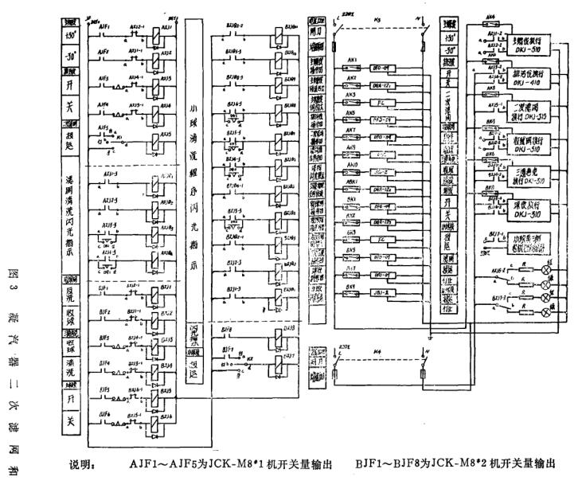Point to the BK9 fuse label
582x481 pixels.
tap(350, 285)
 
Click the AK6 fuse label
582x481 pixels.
tap(490, 15)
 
